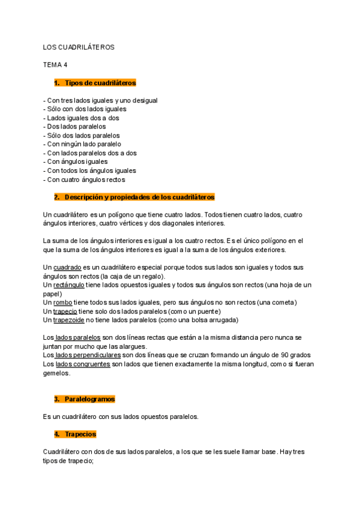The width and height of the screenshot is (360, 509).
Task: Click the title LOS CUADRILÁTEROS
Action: coord(78,47)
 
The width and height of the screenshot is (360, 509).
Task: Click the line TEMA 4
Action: coord(55,64)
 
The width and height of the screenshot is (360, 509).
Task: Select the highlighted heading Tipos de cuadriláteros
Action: coord(100,82)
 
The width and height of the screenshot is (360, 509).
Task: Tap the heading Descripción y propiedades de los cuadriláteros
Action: coord(139,197)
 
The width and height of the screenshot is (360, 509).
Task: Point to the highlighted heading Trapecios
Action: coord(80,433)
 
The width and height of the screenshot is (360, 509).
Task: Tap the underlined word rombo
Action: coord(63,303)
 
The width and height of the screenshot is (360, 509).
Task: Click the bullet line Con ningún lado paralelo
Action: coord(82,144)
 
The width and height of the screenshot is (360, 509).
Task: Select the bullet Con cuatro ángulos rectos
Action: coord(85,179)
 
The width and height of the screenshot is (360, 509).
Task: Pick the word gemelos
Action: coord(56,373)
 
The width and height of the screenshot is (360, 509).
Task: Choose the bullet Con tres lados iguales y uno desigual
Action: coord(101,100)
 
